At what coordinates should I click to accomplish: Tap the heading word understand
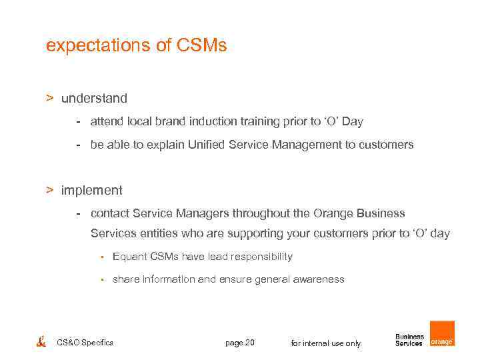pyautogui.click(x=94, y=99)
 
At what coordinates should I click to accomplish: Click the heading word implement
pyautogui.click(x=92, y=191)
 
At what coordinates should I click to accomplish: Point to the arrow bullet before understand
pyautogui.click(x=49, y=99)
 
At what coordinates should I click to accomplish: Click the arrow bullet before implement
pyautogui.click(x=49, y=191)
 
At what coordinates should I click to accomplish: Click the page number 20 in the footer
pyautogui.click(x=249, y=343)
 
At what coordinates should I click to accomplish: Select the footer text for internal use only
pyautogui.click(x=325, y=343)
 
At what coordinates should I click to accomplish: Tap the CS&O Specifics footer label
pyautogui.click(x=85, y=343)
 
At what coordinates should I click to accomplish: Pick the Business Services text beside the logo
pyautogui.click(x=409, y=340)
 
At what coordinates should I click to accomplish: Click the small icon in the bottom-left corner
pyautogui.click(x=41, y=341)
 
